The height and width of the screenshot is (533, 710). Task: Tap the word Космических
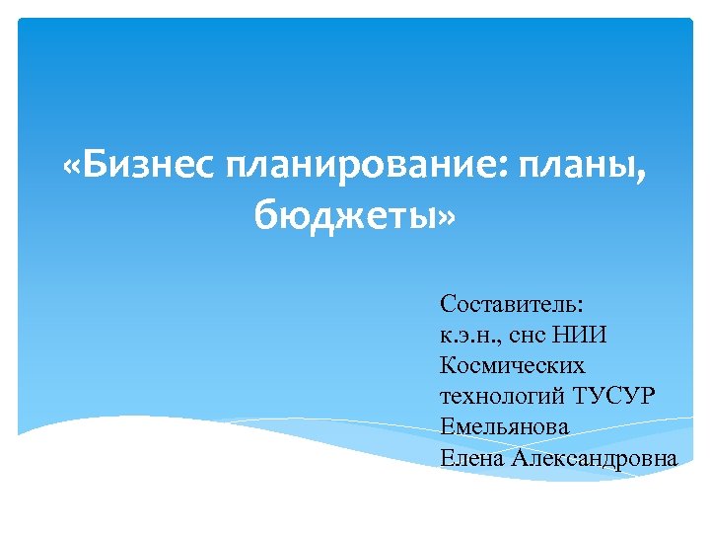(x=513, y=366)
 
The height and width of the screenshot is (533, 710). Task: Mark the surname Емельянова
(x=505, y=427)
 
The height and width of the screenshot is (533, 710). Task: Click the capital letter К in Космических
(x=449, y=366)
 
